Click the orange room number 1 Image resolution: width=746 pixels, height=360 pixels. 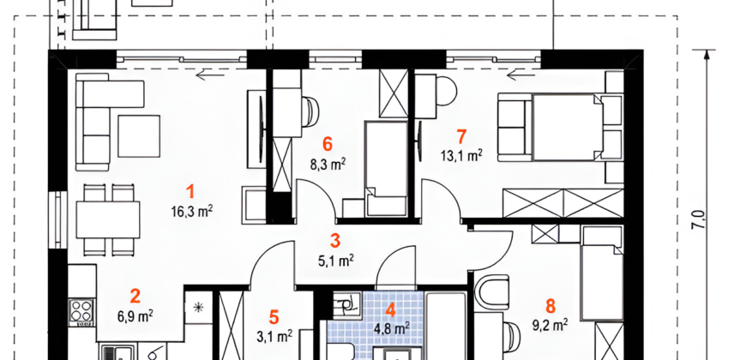coord(190,192)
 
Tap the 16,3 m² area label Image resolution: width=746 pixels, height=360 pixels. coord(192,211)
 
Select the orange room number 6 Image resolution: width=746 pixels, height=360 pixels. coord(327,144)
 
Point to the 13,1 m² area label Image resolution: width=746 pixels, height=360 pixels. coord(461,155)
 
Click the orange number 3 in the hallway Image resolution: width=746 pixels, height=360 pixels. coord(335,241)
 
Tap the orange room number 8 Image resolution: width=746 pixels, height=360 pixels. coord(550,306)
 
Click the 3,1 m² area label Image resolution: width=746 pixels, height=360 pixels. coord(274,336)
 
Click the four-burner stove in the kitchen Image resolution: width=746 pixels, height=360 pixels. coord(81,313)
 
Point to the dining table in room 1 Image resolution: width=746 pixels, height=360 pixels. coord(108,219)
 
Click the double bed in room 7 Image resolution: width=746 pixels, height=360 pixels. coord(566,127)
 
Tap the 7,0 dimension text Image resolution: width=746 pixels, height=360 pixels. coord(699,222)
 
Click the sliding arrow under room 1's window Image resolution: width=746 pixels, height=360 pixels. coord(210,75)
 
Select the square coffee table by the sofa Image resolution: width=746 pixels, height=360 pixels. coord(138,136)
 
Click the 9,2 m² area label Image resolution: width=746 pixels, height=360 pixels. coord(550,325)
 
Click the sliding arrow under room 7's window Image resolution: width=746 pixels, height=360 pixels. coord(521,75)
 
